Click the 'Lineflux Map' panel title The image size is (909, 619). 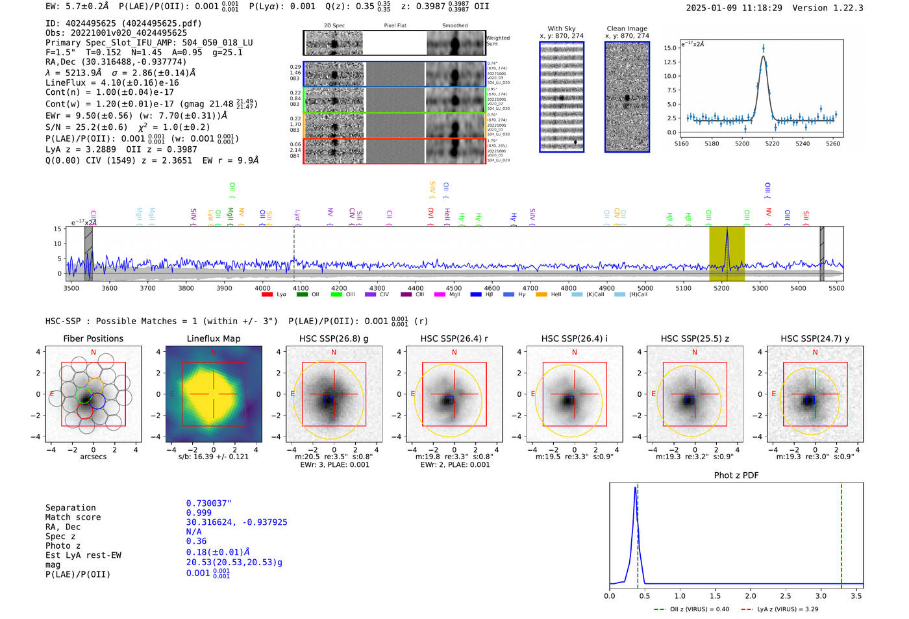[x=213, y=338]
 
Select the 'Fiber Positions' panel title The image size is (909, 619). [x=93, y=338]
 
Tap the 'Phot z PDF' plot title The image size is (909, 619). [x=736, y=475]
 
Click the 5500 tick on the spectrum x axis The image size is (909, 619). [x=836, y=288]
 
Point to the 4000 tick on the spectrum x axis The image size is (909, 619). [x=262, y=288]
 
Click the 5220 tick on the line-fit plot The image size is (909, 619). [x=772, y=144]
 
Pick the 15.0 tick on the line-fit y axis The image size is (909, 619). [x=670, y=48]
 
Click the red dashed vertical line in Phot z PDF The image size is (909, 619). [x=841, y=533]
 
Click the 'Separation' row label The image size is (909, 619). [x=70, y=508]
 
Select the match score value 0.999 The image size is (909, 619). [x=199, y=513]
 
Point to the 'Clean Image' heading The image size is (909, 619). [x=627, y=29]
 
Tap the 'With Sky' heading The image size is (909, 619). [x=561, y=29]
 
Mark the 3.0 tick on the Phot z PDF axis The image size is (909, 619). [x=821, y=596]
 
